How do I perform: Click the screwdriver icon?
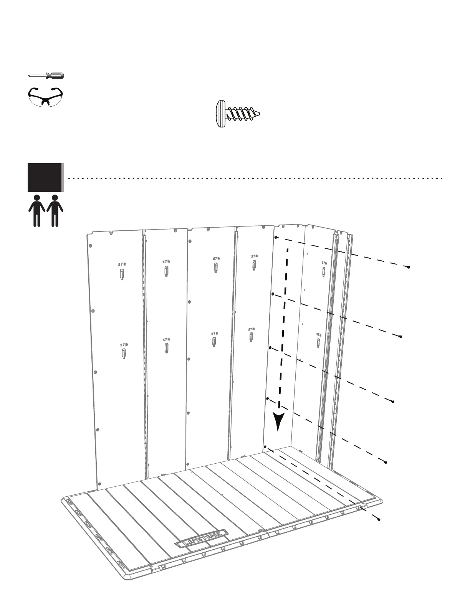[x=46, y=76]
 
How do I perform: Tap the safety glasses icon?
[x=45, y=96]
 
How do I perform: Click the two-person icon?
[x=46, y=210]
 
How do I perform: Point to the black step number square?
[x=45, y=177]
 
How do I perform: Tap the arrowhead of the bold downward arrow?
[x=278, y=421]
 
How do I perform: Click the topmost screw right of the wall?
[x=409, y=267]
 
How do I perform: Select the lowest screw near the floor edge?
[x=379, y=520]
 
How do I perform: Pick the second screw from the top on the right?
[x=400, y=337]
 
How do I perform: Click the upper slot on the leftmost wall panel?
[x=122, y=274]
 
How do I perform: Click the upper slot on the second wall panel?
[x=166, y=271]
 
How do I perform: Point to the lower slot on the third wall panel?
[x=213, y=342]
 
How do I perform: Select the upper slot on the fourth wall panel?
[x=254, y=264]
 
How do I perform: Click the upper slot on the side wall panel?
[x=324, y=271]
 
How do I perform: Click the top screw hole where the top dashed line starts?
[x=276, y=238]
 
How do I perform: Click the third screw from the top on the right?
[x=393, y=401]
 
